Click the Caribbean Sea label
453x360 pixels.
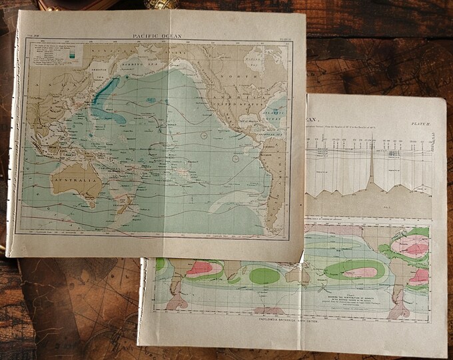(271, 138)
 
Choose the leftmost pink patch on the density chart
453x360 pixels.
(201, 270)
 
